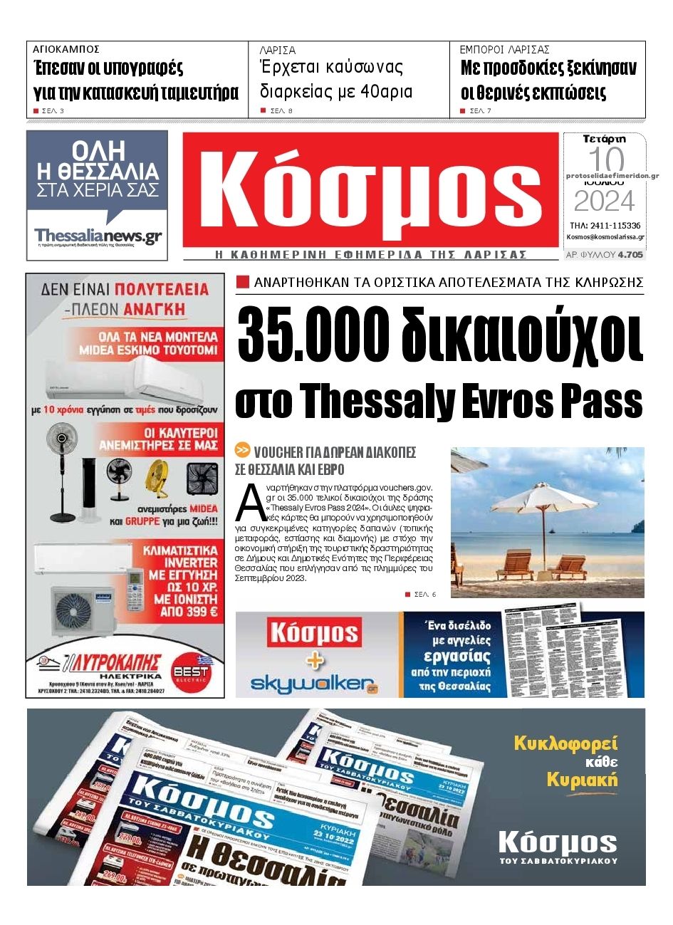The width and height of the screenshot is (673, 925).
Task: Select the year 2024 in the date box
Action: (x=604, y=202)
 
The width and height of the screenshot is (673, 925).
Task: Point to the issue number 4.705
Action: (x=630, y=254)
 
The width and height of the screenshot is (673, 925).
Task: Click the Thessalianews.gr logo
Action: (x=98, y=236)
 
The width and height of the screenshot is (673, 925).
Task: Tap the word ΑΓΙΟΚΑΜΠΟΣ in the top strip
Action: (x=66, y=50)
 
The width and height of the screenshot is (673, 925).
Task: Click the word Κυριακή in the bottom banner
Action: (x=581, y=780)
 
